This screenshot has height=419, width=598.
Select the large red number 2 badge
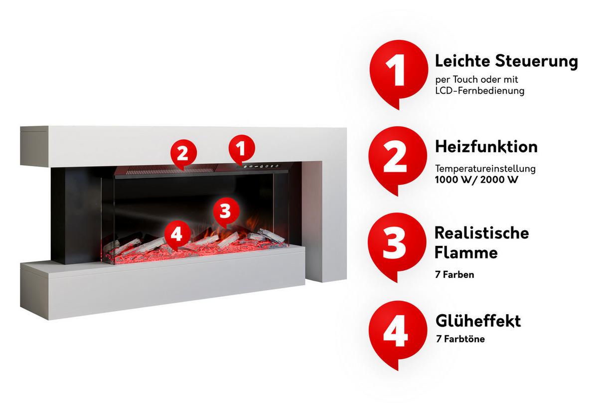(397, 158)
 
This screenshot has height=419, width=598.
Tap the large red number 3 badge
(397, 243)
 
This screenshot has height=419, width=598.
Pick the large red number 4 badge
(397, 331)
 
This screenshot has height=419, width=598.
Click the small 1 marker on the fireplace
(241, 148)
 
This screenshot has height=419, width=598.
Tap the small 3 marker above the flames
(225, 211)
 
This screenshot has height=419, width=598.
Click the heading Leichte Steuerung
(506, 61)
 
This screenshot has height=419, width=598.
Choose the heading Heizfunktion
(486, 147)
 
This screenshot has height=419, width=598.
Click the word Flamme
(465, 252)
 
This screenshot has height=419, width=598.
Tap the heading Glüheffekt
(478, 321)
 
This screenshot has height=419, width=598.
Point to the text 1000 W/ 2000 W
(476, 180)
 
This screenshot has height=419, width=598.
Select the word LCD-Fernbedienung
(479, 91)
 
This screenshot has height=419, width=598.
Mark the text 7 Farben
(454, 274)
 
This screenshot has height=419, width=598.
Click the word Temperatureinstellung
(485, 169)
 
